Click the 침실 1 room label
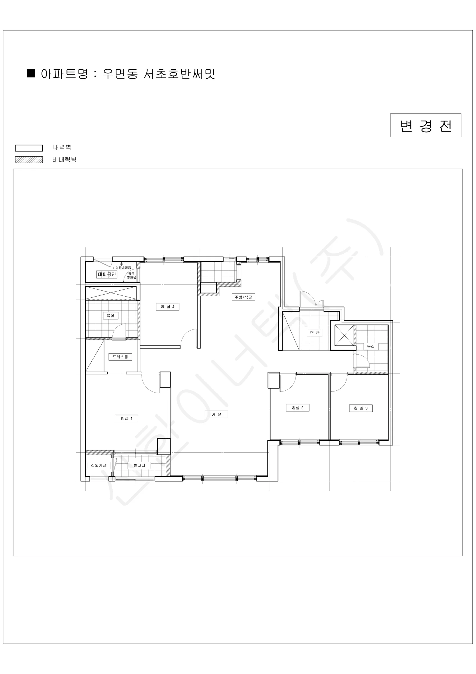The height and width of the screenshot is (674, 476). click(x=126, y=418)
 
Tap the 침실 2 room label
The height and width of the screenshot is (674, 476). click(x=297, y=408)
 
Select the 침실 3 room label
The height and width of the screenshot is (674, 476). click(x=361, y=408)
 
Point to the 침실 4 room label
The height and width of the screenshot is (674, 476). click(x=167, y=307)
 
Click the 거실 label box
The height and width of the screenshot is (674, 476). click(x=216, y=414)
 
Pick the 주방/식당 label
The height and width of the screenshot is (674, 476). click(x=243, y=297)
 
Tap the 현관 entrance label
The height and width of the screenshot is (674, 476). click(x=315, y=333)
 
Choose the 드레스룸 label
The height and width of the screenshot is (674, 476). click(x=120, y=357)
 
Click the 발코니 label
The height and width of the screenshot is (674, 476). click(x=139, y=465)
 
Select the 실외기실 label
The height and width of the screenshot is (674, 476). click(x=98, y=465)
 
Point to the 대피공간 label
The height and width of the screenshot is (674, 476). click(x=107, y=274)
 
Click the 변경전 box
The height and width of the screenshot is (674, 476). click(x=426, y=125)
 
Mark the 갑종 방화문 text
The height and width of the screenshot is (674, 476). click(x=131, y=275)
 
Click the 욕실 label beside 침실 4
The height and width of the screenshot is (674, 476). click(x=110, y=316)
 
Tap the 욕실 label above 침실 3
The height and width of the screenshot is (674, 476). click(x=371, y=346)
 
